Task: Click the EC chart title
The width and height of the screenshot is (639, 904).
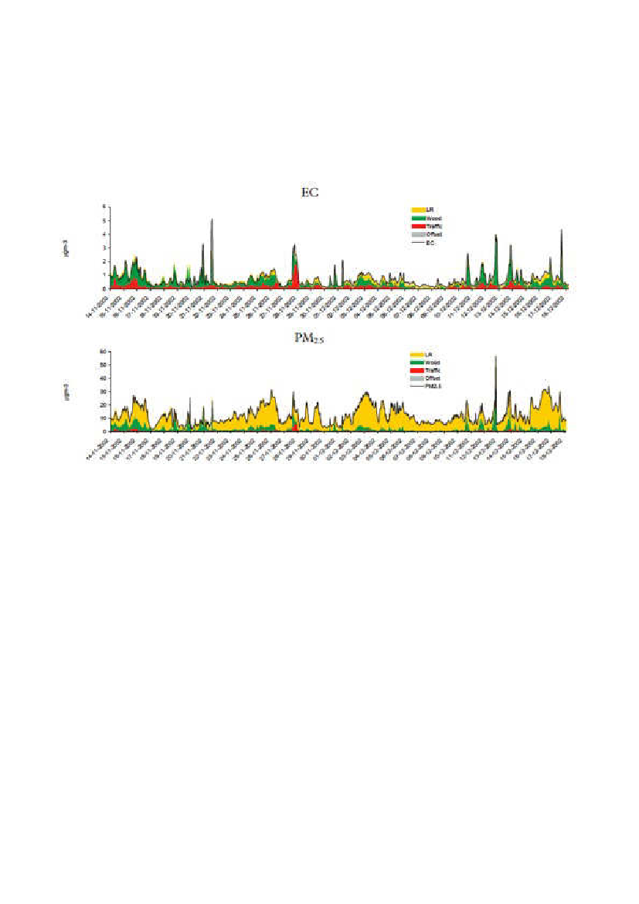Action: click(310, 193)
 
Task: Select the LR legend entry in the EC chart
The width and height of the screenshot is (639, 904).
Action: click(427, 209)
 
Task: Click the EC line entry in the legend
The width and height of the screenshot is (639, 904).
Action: click(427, 241)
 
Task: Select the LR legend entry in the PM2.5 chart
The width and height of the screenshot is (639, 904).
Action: click(426, 354)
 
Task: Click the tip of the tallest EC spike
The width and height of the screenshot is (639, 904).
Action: click(211, 220)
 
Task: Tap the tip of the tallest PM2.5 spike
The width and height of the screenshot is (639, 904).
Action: click(495, 356)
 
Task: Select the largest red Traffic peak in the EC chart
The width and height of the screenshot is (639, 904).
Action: click(295, 267)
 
